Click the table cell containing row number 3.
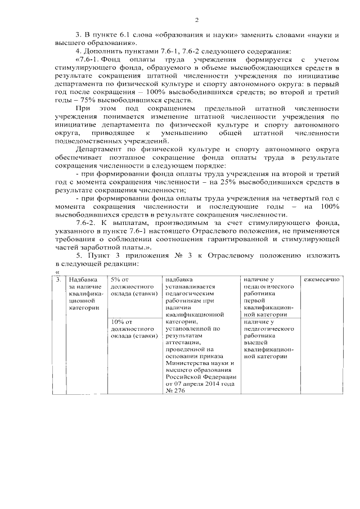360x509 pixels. coord(58,280)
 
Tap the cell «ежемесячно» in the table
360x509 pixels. coord(321,280)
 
